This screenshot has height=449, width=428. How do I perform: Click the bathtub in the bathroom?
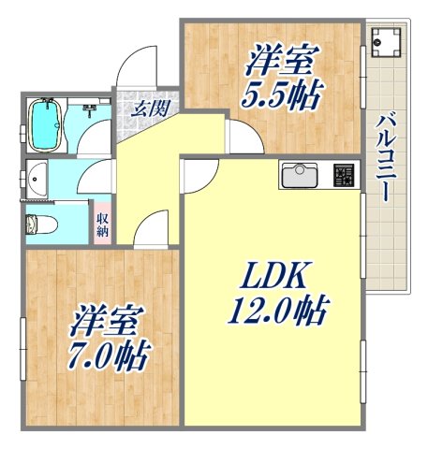pos(46,123)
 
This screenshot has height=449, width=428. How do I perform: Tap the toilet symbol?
pos(40,224)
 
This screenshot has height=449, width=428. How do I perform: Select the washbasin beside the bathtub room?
pos(37,177)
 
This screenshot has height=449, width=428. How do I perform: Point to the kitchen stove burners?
pos(345,174)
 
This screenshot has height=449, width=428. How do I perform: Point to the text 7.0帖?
pos(110,355)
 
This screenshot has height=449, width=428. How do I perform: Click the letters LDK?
pos(271,276)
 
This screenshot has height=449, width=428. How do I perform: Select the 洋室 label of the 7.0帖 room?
pos(106,321)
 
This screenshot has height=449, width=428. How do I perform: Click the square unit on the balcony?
pos(386,42)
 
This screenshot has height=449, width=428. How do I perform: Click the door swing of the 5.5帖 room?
pos(243,135)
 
